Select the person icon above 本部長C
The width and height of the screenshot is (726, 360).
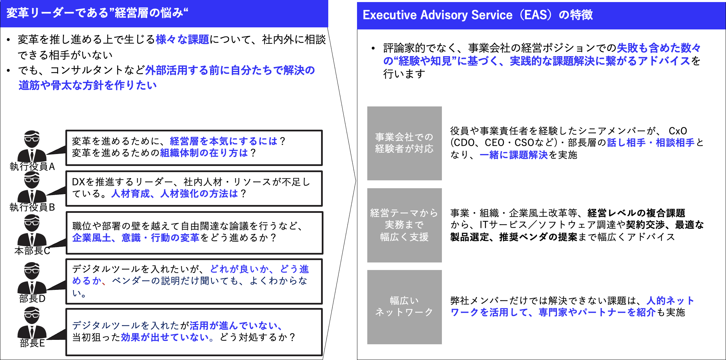point(32,231)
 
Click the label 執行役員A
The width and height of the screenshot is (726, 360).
point(32,167)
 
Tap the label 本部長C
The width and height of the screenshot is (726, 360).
point(32,251)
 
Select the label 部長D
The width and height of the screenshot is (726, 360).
point(32,299)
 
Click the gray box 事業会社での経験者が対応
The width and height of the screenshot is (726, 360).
point(404,143)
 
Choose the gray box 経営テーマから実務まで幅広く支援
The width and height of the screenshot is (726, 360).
point(404,225)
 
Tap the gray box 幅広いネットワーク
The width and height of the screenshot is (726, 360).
point(404,307)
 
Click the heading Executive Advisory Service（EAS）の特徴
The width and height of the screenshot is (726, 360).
point(477,15)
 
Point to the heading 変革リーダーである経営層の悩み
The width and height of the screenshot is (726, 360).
point(97,13)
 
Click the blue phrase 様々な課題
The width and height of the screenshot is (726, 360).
point(182,40)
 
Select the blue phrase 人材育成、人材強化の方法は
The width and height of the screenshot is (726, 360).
point(175,194)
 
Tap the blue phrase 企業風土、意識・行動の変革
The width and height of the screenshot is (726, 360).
point(136,237)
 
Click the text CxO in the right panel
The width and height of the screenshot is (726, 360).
point(678,131)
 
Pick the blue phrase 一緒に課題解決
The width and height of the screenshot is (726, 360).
point(514,155)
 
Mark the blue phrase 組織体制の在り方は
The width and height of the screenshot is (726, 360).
point(204,153)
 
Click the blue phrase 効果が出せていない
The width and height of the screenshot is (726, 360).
point(165,337)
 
